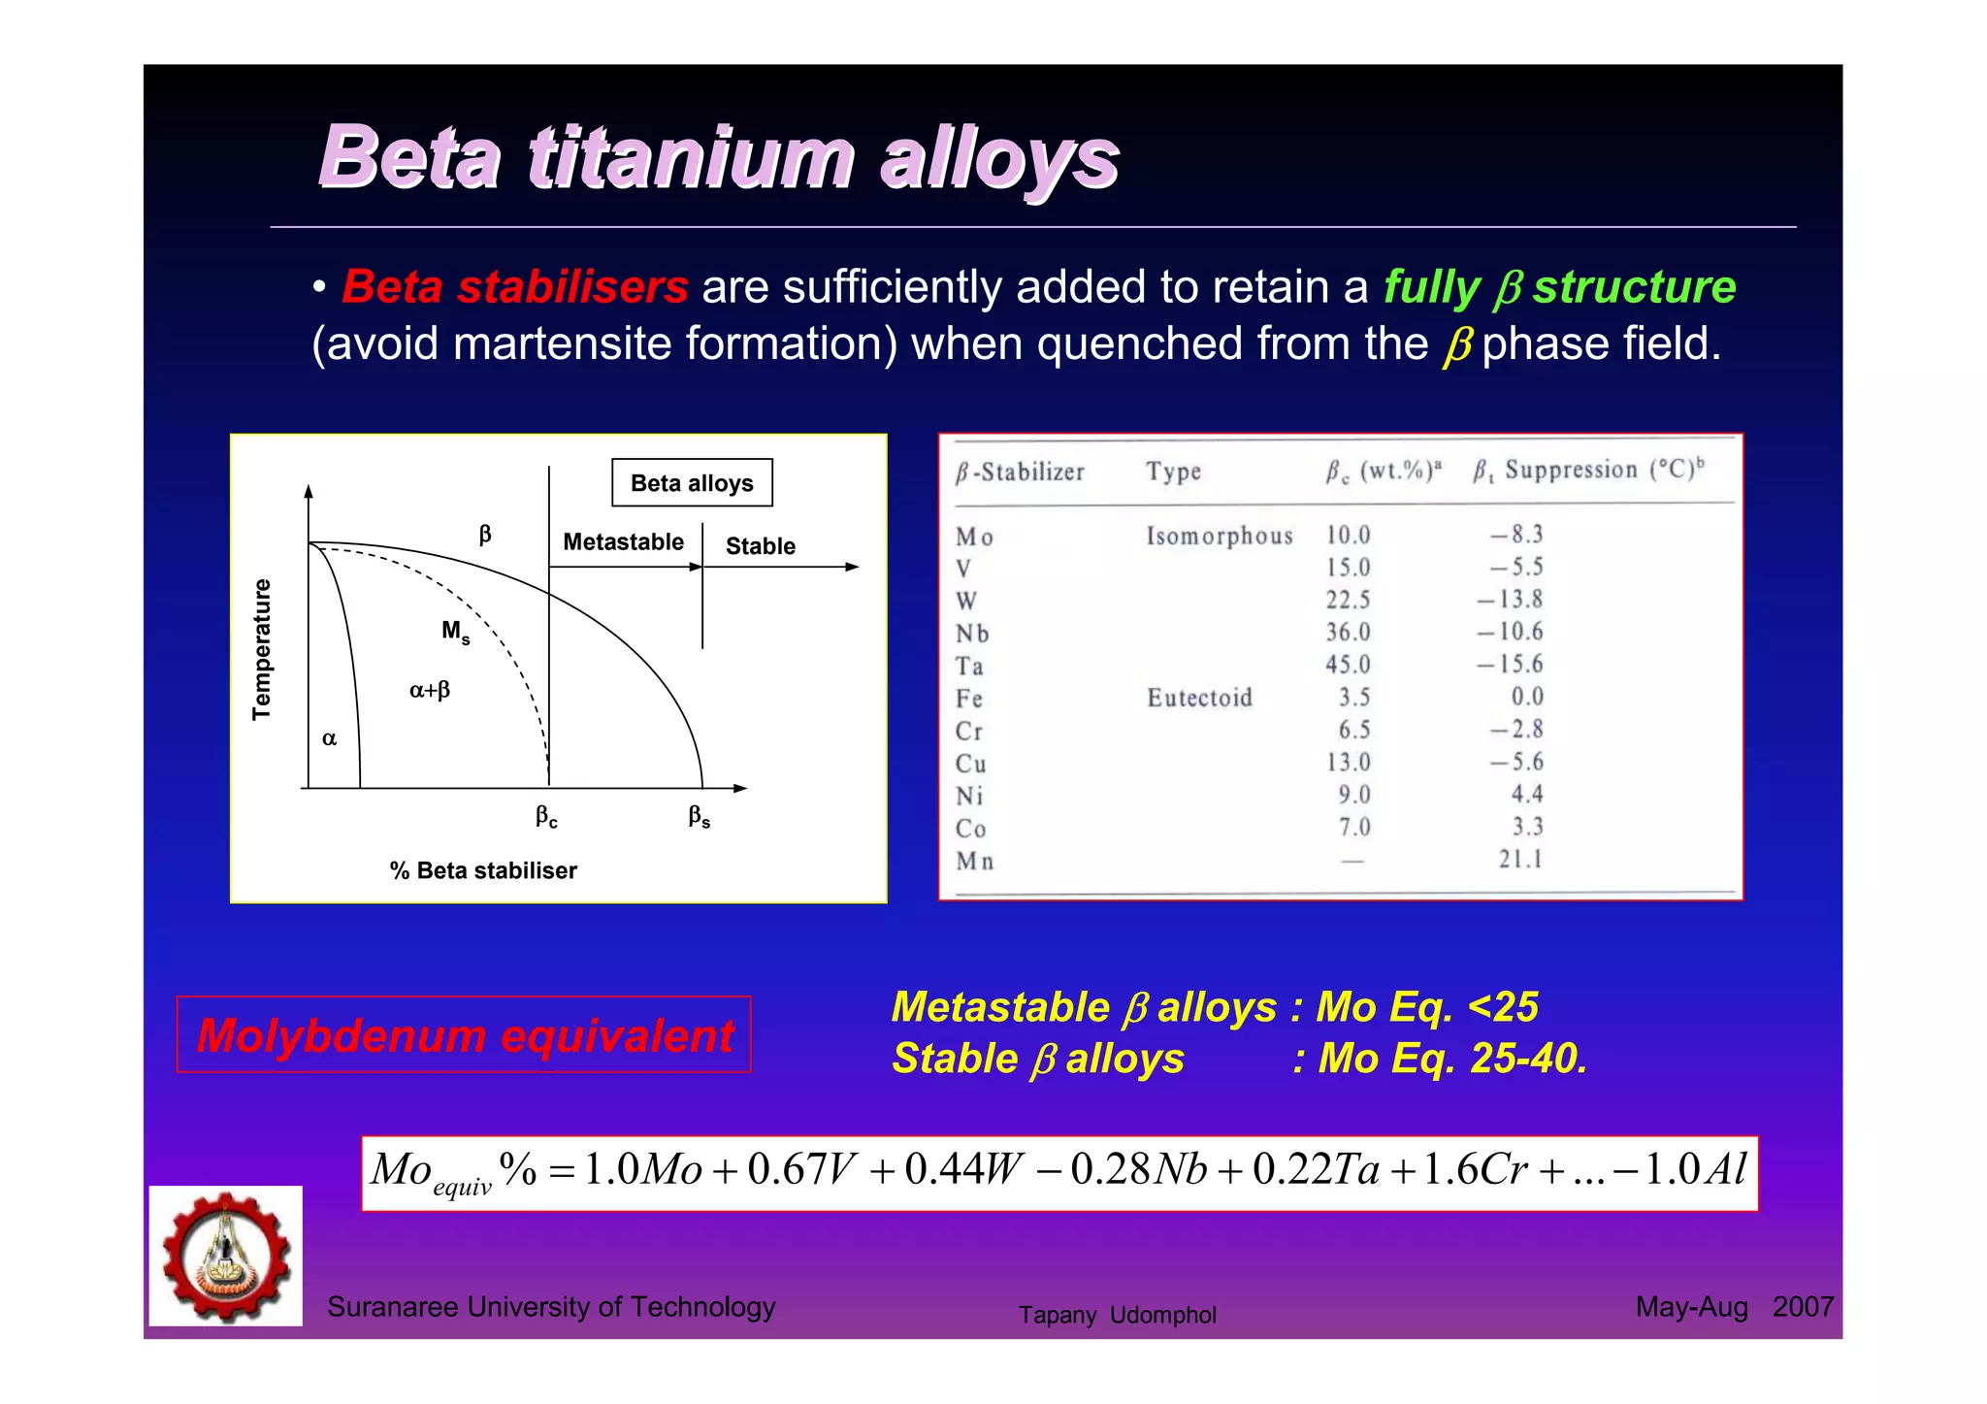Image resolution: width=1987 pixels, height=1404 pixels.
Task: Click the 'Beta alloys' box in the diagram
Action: tap(692, 482)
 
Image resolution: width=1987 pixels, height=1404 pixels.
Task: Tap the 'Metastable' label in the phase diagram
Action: tap(623, 541)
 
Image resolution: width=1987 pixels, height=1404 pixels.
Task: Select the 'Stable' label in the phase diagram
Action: tap(760, 546)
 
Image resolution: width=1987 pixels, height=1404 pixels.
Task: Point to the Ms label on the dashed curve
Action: tap(455, 632)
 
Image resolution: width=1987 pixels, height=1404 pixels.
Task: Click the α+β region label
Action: tap(429, 690)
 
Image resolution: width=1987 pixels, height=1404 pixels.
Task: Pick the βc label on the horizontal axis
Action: tap(546, 817)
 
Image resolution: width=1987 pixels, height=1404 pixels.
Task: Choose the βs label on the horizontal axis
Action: tap(699, 817)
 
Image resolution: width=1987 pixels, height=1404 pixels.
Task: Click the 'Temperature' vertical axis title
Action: tap(261, 649)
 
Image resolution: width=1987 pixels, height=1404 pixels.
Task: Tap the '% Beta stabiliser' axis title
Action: tap(483, 870)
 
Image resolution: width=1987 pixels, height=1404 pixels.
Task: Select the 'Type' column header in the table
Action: tap(1173, 472)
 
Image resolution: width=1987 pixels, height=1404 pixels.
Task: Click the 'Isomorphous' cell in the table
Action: tap(1220, 536)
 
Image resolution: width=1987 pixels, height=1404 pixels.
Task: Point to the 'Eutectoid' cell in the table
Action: tap(1199, 698)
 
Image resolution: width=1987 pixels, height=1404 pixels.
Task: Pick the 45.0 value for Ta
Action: tap(1348, 665)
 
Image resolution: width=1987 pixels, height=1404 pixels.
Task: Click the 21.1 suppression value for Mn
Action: tap(1519, 859)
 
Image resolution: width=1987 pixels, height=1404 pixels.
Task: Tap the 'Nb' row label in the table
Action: tap(971, 634)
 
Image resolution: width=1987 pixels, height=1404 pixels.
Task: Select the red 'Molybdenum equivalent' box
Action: tap(464, 1034)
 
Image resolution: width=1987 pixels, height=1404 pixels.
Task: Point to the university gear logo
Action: tap(226, 1256)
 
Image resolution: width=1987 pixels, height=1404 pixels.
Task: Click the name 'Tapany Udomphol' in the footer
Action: tap(1117, 1315)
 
